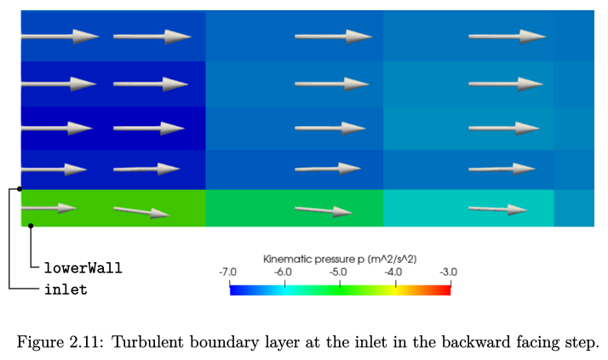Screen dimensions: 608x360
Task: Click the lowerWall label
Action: pyautogui.click(x=83, y=268)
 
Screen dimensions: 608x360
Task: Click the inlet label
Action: pyautogui.click(x=66, y=289)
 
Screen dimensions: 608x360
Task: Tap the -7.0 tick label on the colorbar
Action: pyautogui.click(x=227, y=272)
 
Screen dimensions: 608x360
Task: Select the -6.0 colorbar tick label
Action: pyautogui.click(x=283, y=272)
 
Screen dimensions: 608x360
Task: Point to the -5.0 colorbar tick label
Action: pyautogui.click(x=339, y=272)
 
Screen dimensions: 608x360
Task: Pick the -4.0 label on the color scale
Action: pyautogui.click(x=393, y=272)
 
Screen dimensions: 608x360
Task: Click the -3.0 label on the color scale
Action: pyautogui.click(x=449, y=272)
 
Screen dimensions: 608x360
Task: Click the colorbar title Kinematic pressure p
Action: pyautogui.click(x=314, y=260)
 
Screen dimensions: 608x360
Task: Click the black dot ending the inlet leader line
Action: pyautogui.click(x=20, y=189)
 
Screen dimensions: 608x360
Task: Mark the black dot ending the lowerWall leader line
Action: pyautogui.click(x=31, y=226)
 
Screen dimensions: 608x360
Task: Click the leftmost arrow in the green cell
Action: pyautogui.click(x=49, y=209)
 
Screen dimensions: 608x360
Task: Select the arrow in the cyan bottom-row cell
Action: pyautogui.click(x=498, y=209)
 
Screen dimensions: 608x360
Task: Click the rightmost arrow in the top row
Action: pyautogui.click(x=508, y=37)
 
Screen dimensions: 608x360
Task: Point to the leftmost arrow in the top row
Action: pyautogui.click(x=60, y=37)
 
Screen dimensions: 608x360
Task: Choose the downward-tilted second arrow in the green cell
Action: pyautogui.click(x=141, y=212)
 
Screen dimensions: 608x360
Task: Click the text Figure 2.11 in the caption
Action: pyautogui.click(x=60, y=343)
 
